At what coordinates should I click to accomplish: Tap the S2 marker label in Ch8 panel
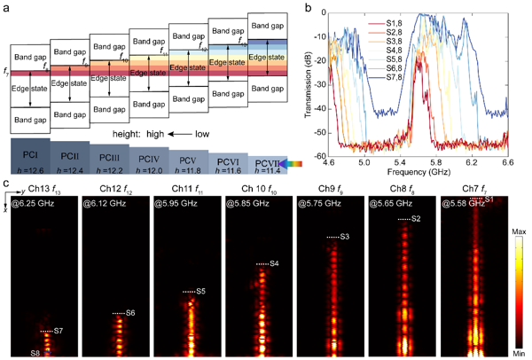[416, 219]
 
